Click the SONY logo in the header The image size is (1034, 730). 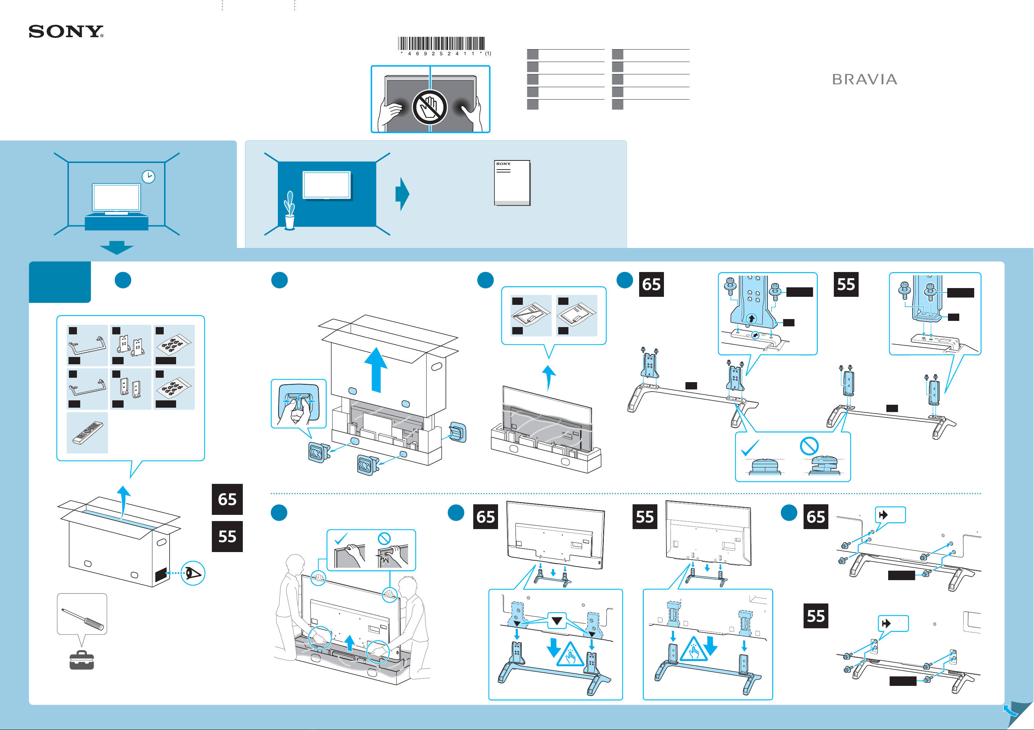pyautogui.click(x=66, y=31)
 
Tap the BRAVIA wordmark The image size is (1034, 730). pyautogui.click(x=864, y=80)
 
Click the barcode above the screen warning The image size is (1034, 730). pyautogui.click(x=441, y=43)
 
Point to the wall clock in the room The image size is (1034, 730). pyautogui.click(x=148, y=176)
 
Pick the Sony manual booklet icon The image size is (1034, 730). pyautogui.click(x=512, y=183)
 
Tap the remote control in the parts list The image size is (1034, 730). pyautogui.click(x=88, y=433)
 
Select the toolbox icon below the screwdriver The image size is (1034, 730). pyautogui.click(x=82, y=660)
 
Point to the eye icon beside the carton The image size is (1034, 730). pyautogui.click(x=193, y=573)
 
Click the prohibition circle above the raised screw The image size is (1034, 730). pyautogui.click(x=809, y=446)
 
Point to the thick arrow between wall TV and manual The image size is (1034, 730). pyautogui.click(x=402, y=194)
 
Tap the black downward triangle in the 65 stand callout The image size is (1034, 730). pyautogui.click(x=557, y=621)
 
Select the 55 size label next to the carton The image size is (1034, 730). pyautogui.click(x=228, y=537)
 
